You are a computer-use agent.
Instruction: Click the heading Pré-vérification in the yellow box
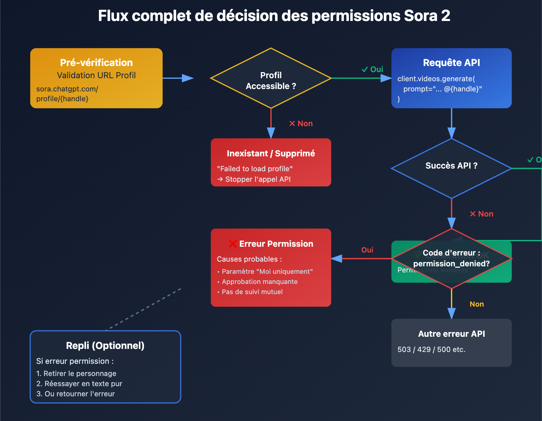[x=96, y=63]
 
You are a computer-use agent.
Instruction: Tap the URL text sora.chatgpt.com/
[x=67, y=89]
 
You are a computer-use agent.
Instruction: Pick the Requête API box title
[x=451, y=63]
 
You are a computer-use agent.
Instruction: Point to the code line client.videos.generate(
[x=436, y=79]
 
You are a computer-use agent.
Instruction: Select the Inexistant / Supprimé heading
[x=271, y=154]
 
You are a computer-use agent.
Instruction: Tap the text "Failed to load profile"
[x=254, y=169]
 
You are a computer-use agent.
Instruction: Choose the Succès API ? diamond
[x=451, y=166]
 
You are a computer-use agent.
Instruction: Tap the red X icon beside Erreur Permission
[x=233, y=244]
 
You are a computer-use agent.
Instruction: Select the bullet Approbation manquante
[x=259, y=282]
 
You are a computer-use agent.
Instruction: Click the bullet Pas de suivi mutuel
[x=252, y=292]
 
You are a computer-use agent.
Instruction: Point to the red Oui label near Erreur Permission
[x=367, y=250]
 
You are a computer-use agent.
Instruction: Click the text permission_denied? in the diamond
[x=451, y=264]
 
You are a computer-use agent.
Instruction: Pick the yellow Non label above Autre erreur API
[x=477, y=304]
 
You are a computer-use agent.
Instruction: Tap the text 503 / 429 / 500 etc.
[x=431, y=350]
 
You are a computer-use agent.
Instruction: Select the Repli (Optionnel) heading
[x=105, y=346]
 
